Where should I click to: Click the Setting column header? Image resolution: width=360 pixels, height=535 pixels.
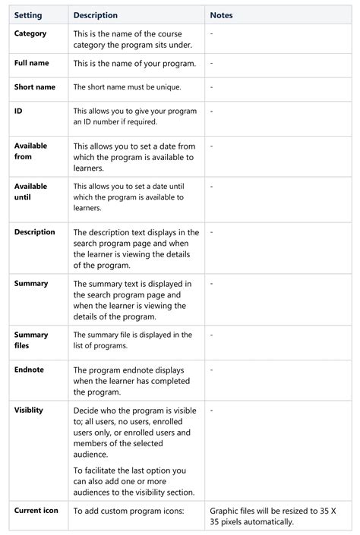pyautogui.click(x=28, y=15)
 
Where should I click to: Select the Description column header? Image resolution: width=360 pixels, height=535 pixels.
pyautogui.click(x=95, y=15)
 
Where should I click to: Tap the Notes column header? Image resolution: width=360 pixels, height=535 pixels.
pyautogui.click(x=221, y=15)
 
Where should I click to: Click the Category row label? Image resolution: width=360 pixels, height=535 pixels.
pyautogui.click(x=30, y=33)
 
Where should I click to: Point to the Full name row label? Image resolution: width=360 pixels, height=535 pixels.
pyautogui.click(x=31, y=63)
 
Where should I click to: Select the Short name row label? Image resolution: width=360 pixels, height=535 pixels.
pyautogui.click(x=34, y=87)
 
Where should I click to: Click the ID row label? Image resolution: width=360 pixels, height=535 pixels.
pyautogui.click(x=18, y=111)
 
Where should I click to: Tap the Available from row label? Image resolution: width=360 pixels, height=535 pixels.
pyautogui.click(x=30, y=151)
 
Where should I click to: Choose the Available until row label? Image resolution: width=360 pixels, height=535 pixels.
pyautogui.click(x=30, y=191)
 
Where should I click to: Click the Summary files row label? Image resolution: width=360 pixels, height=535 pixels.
pyautogui.click(x=31, y=340)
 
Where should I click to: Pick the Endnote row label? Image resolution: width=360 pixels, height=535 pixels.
pyautogui.click(x=29, y=370)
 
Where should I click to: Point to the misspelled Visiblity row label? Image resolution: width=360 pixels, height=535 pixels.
pyautogui.click(x=29, y=410)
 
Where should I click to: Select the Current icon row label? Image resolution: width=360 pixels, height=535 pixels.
pyautogui.click(x=36, y=510)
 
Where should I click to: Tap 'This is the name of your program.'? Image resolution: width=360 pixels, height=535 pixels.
pyautogui.click(x=134, y=63)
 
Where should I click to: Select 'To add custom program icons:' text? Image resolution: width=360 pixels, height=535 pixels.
pyautogui.click(x=129, y=511)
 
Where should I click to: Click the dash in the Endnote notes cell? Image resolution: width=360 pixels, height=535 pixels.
pyautogui.click(x=211, y=370)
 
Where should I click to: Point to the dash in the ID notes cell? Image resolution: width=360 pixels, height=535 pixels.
pyautogui.click(x=211, y=111)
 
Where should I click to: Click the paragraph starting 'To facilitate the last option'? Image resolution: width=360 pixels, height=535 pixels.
pyautogui.click(x=134, y=481)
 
